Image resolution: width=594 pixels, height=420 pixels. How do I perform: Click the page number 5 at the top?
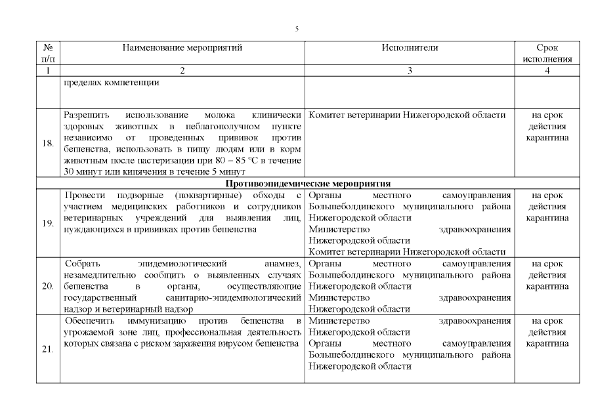click(x=297, y=29)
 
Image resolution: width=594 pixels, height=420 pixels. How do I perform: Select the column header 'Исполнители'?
click(x=410, y=48)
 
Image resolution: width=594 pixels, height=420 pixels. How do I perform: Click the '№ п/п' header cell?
click(x=47, y=53)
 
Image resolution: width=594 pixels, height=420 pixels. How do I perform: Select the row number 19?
click(x=48, y=224)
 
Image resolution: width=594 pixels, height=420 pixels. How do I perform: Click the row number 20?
click(x=48, y=286)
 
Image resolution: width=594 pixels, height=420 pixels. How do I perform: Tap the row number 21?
click(x=48, y=349)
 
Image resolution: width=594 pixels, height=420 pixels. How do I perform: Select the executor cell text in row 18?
click(x=407, y=115)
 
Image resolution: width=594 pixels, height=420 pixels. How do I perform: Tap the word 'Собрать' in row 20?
click(x=83, y=263)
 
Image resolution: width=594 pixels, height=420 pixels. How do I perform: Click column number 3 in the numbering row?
click(x=410, y=70)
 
